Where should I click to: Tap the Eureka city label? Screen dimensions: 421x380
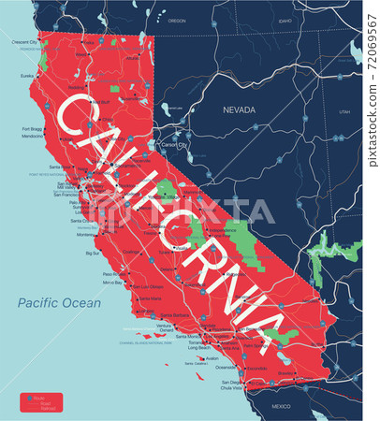pyautogui.click(x=28, y=78)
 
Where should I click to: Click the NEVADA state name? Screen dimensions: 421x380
pyautogui.click(x=239, y=109)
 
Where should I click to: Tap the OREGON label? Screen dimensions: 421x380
pyautogui.click(x=178, y=20)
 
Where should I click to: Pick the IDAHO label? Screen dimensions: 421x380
pyautogui.click(x=285, y=20)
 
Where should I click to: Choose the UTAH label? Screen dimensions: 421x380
pyautogui.click(x=344, y=111)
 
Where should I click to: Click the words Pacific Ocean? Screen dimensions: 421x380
pyautogui.click(x=58, y=302)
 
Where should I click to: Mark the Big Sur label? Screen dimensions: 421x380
pyautogui.click(x=93, y=253)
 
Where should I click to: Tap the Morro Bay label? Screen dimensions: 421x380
pyautogui.click(x=112, y=282)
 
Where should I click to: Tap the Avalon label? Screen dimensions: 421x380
pyautogui.click(x=212, y=358)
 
